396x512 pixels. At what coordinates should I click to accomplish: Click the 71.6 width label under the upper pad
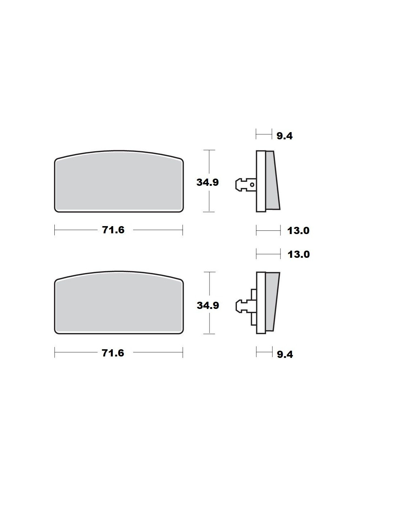click(113, 230)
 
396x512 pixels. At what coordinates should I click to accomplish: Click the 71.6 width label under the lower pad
click(113, 353)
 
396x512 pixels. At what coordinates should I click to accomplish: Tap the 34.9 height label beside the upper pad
click(208, 183)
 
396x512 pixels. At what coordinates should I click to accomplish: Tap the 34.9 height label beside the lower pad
click(208, 305)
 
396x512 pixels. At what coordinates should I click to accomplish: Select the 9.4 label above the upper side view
click(284, 136)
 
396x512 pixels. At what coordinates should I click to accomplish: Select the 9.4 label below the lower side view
click(285, 354)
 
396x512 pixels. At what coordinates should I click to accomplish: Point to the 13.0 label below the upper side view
click(298, 231)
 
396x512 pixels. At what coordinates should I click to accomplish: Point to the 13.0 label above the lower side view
click(298, 255)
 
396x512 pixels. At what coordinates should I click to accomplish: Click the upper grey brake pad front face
click(119, 181)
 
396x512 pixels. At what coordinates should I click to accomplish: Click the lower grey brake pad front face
click(119, 303)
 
